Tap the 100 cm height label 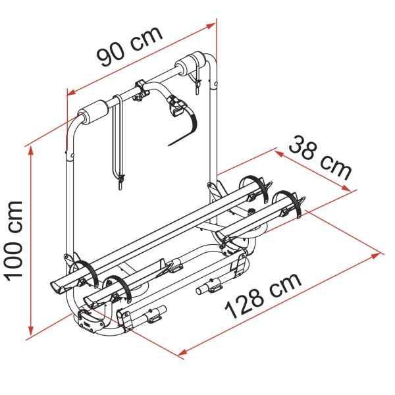[x=14, y=240]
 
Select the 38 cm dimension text [x=320, y=158]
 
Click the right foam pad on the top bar [x=192, y=65]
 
